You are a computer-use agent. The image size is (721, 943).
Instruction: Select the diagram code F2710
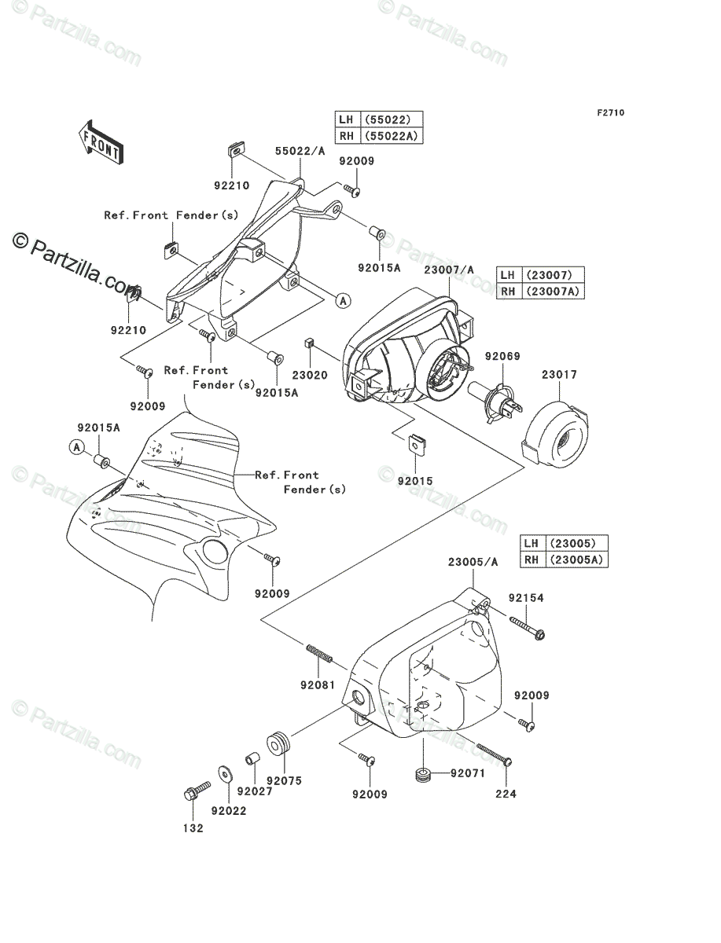(611, 113)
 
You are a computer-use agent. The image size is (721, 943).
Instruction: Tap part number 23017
(559, 375)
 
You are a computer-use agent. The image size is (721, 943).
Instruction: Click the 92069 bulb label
(502, 356)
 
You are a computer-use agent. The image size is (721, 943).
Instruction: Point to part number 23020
(310, 375)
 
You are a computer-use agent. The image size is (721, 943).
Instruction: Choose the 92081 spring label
(318, 684)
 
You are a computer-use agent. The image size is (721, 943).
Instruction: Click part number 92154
(526, 598)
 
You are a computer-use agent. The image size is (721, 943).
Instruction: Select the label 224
(506, 794)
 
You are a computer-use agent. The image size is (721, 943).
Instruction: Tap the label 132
(193, 828)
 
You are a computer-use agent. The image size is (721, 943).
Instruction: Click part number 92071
(468, 773)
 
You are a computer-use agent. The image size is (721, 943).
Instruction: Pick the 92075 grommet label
(285, 780)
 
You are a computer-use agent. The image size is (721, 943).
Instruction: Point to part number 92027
(255, 791)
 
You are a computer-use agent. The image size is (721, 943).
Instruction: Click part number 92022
(229, 811)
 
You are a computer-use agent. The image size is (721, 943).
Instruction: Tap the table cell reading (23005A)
(576, 560)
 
